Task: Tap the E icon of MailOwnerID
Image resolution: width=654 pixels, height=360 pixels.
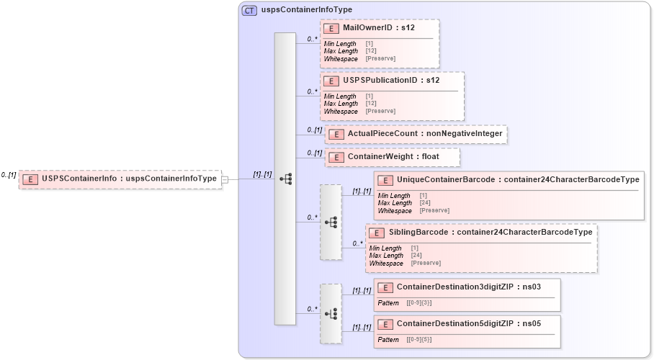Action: click(331, 28)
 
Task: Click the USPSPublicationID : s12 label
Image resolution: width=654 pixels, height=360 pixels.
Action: click(391, 80)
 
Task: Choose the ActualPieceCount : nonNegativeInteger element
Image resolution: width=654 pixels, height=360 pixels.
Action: click(416, 134)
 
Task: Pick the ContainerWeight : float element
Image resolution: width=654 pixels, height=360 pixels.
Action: click(393, 156)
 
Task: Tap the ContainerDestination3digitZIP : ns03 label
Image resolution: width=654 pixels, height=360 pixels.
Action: click(468, 287)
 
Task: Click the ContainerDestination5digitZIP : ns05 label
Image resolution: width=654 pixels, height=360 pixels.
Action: click(468, 324)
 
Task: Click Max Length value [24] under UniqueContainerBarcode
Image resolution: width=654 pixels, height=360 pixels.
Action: click(425, 203)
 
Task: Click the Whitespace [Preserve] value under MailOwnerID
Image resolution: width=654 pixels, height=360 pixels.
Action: click(380, 58)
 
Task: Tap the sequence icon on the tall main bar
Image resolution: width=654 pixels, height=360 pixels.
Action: click(285, 178)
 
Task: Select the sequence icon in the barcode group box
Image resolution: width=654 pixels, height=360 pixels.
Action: click(331, 222)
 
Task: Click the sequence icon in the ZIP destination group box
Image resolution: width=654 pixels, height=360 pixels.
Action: click(331, 314)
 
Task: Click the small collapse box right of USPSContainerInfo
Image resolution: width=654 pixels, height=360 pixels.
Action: click(225, 179)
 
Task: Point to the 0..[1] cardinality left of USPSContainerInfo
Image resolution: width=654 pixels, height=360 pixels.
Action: click(9, 175)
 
